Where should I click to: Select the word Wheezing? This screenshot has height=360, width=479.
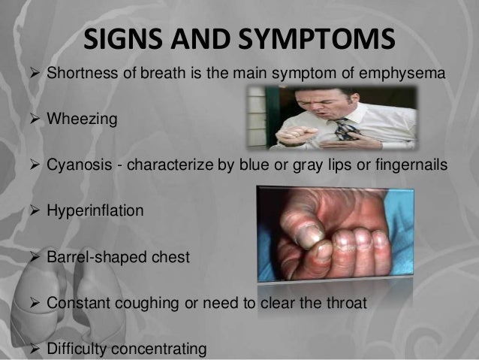[x=82, y=118]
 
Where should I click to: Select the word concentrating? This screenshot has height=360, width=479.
[x=161, y=350]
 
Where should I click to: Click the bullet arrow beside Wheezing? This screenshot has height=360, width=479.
[x=32, y=118]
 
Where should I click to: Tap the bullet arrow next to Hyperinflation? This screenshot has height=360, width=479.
[x=32, y=211]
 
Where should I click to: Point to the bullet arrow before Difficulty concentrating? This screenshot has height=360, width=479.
[x=32, y=350]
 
